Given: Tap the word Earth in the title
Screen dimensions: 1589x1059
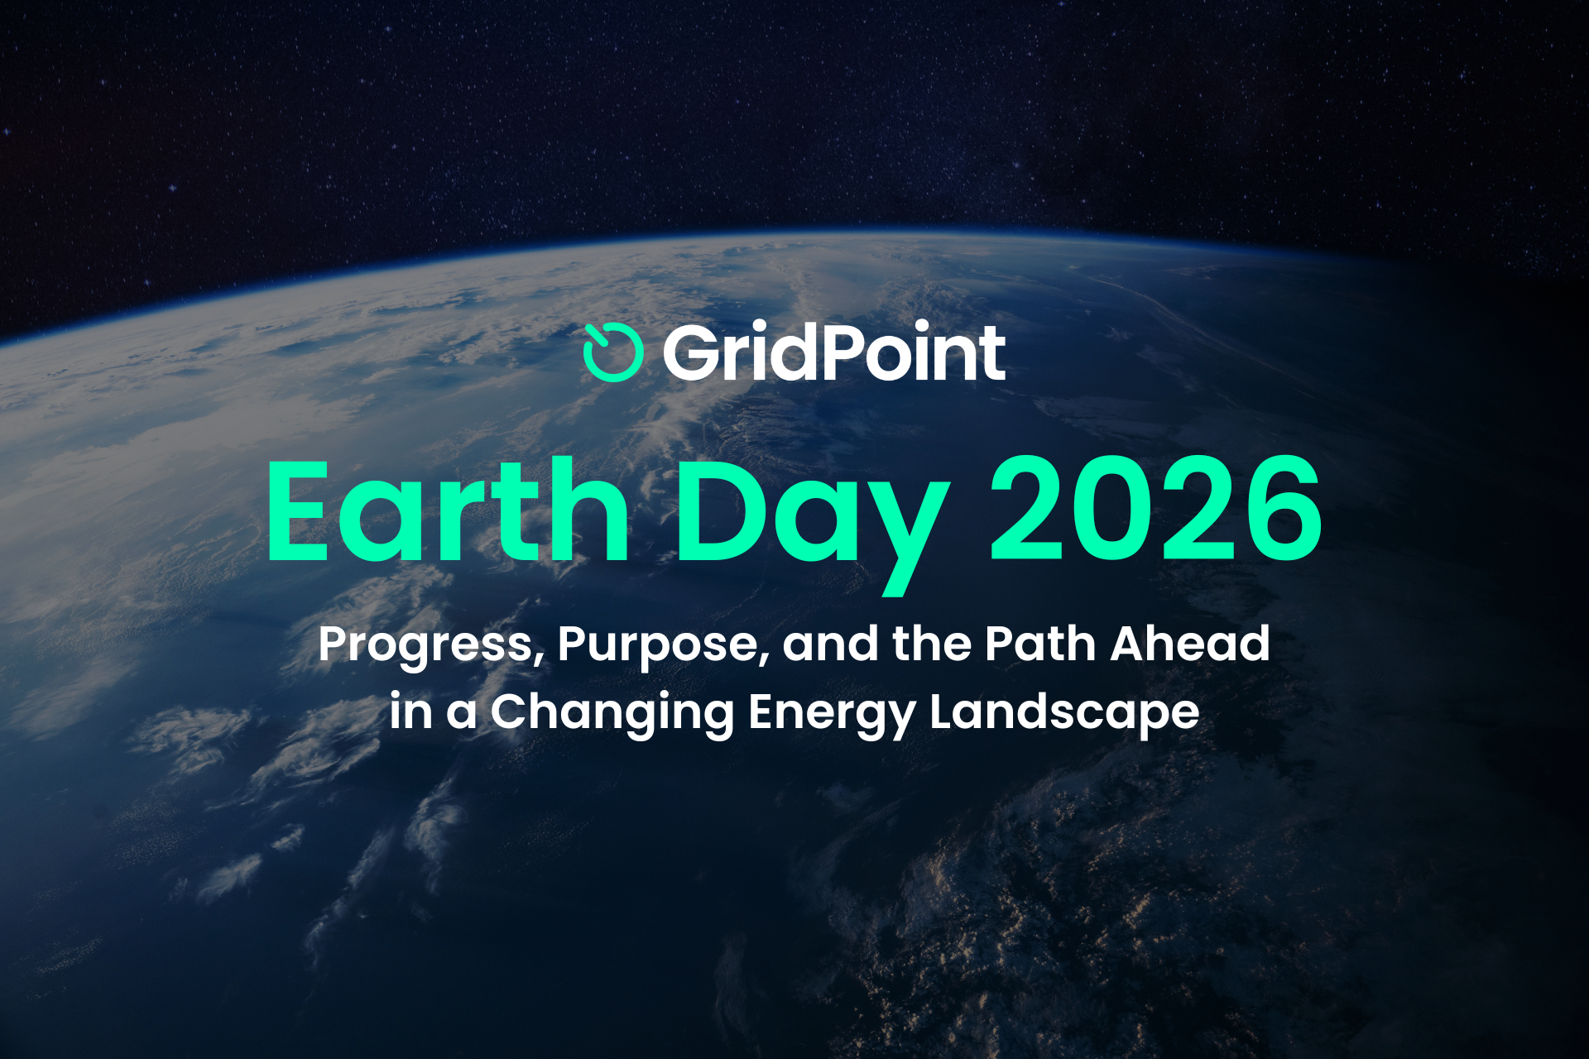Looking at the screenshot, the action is point(448,510).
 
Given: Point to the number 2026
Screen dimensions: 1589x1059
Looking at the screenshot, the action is point(1156,510).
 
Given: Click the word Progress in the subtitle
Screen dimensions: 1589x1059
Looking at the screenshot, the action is point(431,646).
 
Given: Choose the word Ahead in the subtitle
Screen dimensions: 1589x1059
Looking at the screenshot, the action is point(1190,643).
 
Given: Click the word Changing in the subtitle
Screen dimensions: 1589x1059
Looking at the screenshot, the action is point(612,713).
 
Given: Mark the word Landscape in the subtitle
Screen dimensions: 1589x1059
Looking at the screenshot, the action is point(1064,713).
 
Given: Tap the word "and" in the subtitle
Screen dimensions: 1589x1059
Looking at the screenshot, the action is point(831,643).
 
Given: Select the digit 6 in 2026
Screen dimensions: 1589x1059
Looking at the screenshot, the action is point(1281,510).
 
